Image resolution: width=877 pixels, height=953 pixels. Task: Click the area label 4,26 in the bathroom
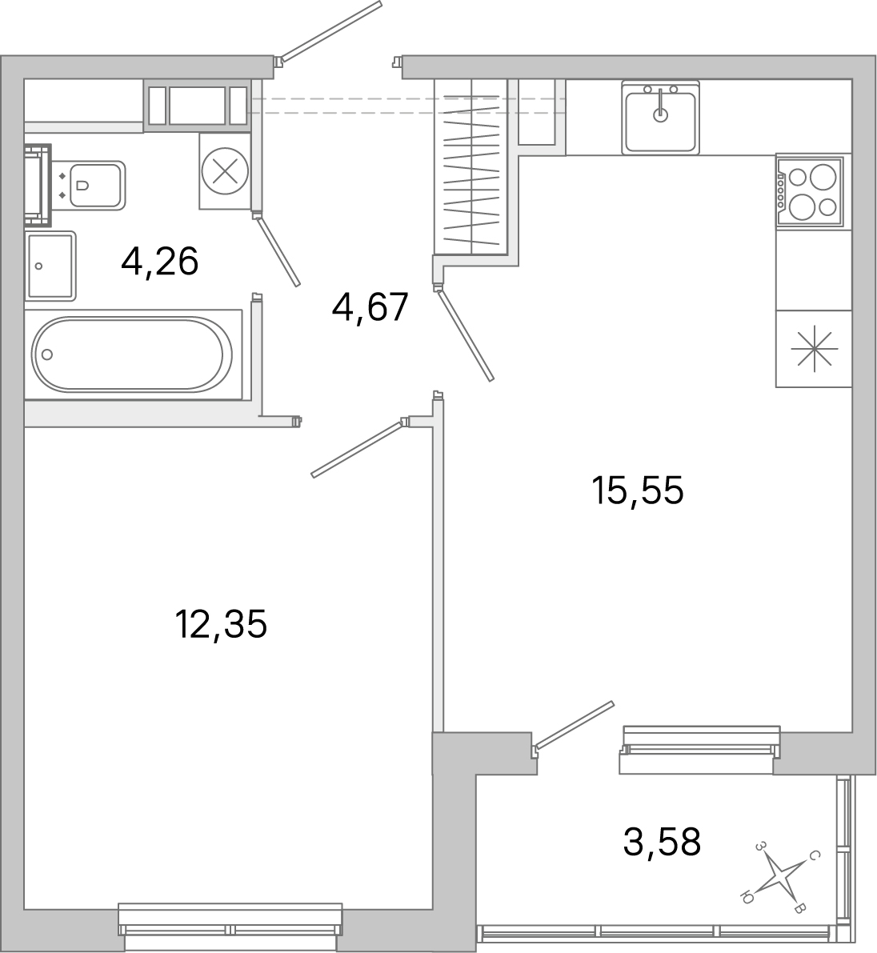(x=159, y=261)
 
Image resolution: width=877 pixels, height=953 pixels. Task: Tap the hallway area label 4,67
(x=370, y=307)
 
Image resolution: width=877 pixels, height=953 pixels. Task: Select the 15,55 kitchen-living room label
(x=638, y=490)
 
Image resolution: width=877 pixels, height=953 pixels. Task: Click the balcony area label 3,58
(x=662, y=842)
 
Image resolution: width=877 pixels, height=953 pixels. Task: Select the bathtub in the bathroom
(x=132, y=354)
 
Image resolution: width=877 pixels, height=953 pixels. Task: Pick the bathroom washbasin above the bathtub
(x=50, y=266)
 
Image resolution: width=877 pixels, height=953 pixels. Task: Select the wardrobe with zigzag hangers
(x=471, y=168)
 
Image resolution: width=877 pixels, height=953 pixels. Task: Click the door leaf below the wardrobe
(x=465, y=334)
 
